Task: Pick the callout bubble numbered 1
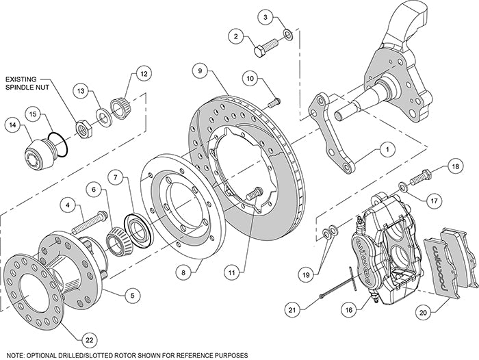(387, 147)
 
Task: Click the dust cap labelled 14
(42, 150)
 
